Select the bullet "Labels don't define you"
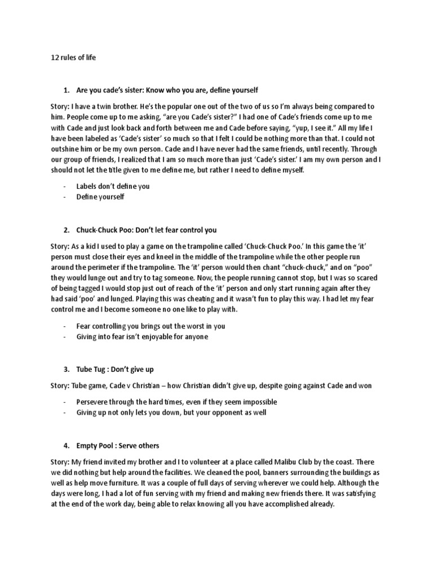[113, 186]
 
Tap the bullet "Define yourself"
[100, 197]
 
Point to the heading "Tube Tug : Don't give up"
[115, 369]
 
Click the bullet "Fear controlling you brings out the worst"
[151, 326]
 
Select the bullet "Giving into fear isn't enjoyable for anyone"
[142, 336]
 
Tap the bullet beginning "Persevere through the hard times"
[169, 402]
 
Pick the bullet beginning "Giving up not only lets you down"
[171, 413]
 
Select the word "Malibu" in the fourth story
[276, 462]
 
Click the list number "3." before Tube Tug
[66, 369]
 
